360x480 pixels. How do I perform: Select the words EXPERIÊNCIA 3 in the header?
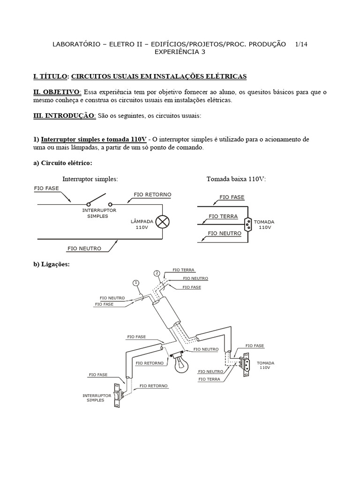180,52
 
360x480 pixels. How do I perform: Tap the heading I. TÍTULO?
51,76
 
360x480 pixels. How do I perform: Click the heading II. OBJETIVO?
57,92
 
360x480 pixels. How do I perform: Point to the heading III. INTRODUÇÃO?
64,116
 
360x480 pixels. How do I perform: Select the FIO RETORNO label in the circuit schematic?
152,194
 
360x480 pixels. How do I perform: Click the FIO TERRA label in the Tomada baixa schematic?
223,217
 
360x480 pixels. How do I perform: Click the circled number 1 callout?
136,283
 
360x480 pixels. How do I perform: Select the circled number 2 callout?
157,273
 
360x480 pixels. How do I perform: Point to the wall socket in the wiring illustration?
243,366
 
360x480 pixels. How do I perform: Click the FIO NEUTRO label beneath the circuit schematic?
84,248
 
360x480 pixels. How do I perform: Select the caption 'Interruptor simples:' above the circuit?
90,179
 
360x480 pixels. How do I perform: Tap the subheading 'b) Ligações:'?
51,264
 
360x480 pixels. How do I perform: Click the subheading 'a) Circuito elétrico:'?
62,163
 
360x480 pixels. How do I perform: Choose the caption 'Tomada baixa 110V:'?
236,179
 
